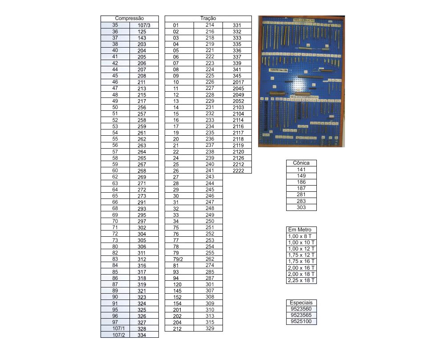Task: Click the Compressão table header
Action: tap(129, 19)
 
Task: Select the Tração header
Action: tap(208, 19)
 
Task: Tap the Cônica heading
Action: tap(301, 163)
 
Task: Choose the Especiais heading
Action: tap(301, 303)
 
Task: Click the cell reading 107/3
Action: tap(144, 25)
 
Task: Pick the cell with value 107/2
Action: tap(115, 335)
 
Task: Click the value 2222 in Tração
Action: tap(238, 171)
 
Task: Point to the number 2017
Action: tap(238, 82)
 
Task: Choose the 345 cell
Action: tap(238, 76)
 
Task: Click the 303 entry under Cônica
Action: tap(301, 207)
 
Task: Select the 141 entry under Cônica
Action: tap(301, 170)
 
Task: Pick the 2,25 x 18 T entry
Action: tap(301, 280)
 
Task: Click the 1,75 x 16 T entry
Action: tap(301, 261)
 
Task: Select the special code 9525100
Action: tap(301, 321)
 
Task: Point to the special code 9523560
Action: tap(301, 309)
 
